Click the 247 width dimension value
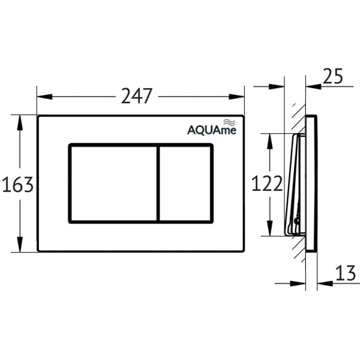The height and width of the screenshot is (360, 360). [137, 96]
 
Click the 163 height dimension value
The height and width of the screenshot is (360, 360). [17, 185]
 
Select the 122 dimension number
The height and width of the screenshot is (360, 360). [267, 184]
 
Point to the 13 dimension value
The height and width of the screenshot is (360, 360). [346, 274]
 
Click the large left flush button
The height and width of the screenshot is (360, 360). [113, 184]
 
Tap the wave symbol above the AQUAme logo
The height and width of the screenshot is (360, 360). [227, 122]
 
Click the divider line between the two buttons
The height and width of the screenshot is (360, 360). [158, 184]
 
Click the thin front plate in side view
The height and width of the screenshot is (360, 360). [311, 184]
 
